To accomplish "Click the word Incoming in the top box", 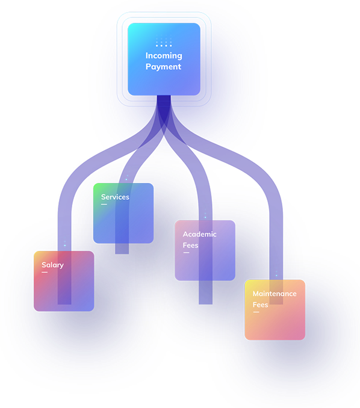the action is pyautogui.click(x=164, y=56).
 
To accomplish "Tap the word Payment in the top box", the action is pyautogui.click(x=163, y=67).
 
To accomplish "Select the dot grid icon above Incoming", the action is pyautogui.click(x=164, y=42).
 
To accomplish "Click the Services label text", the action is pyautogui.click(x=115, y=197).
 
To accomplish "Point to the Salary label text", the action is pyautogui.click(x=52, y=265).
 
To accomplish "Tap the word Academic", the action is pyautogui.click(x=199, y=234).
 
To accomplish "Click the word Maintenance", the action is pyautogui.click(x=275, y=294).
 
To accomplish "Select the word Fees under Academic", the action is pyautogui.click(x=190, y=246).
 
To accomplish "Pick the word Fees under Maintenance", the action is pyautogui.click(x=260, y=304).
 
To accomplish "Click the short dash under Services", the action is pyautogui.click(x=104, y=204).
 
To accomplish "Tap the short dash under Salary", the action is pyautogui.click(x=45, y=272).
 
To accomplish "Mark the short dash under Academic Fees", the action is pyautogui.click(x=186, y=252).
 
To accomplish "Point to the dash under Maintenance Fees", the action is pyautogui.click(x=256, y=312).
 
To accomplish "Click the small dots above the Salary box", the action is pyautogui.click(x=65, y=243).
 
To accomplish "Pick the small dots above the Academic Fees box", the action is pyautogui.click(x=205, y=215).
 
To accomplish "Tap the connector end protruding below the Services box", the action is pyautogui.click(x=122, y=249).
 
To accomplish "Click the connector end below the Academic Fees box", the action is pyautogui.click(x=206, y=292).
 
